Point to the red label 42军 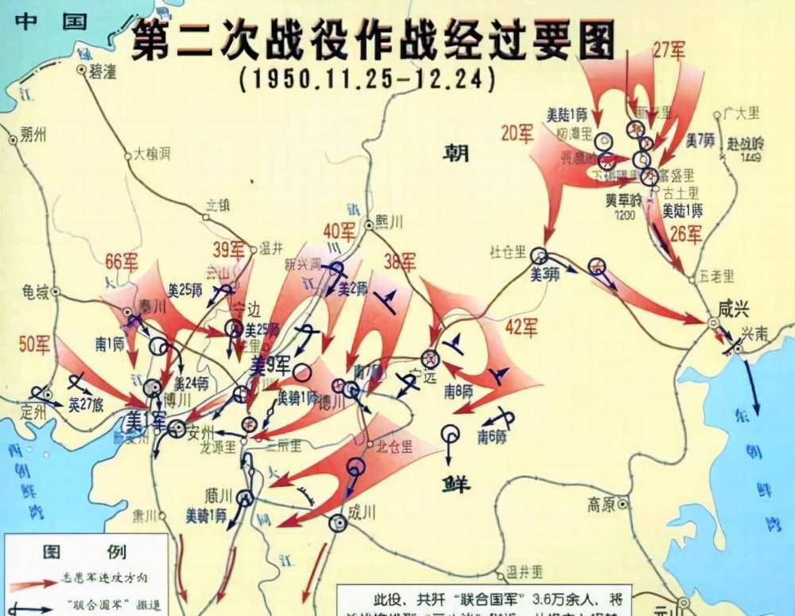point(522,327)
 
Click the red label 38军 point(399,261)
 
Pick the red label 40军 point(339,232)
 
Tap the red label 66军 point(122,262)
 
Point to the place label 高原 point(603,504)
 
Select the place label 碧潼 point(102,71)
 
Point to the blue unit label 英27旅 point(86,404)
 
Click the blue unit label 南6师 point(494,436)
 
